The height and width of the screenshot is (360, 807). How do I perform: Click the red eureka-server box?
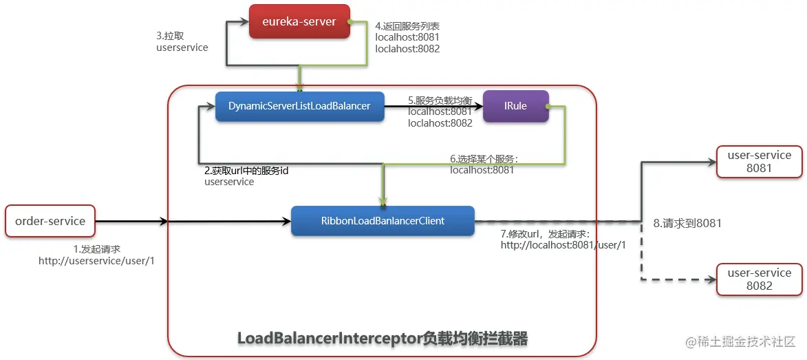pyautogui.click(x=299, y=21)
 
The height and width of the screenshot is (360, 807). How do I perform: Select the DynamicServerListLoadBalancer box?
pyautogui.click(x=299, y=107)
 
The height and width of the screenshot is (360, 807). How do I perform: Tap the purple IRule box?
pyautogui.click(x=516, y=107)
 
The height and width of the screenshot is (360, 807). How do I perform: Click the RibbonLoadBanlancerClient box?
pyautogui.click(x=383, y=221)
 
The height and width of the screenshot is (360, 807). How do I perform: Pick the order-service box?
pyautogui.click(x=50, y=222)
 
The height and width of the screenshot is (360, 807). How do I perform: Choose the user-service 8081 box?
pyautogui.click(x=759, y=162)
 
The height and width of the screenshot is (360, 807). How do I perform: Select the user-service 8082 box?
pyautogui.click(x=759, y=279)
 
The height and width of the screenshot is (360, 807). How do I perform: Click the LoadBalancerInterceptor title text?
pyautogui.click(x=383, y=339)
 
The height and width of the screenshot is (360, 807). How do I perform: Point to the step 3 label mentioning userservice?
pyautogui.click(x=182, y=42)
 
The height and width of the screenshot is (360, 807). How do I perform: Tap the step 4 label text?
pyautogui.click(x=407, y=38)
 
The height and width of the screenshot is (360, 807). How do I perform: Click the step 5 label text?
pyautogui.click(x=440, y=112)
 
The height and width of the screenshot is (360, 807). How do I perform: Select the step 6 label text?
pyautogui.click(x=484, y=165)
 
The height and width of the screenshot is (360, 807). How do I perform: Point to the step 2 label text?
pyautogui.click(x=246, y=176)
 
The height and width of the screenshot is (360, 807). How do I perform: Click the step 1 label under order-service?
pyautogui.click(x=97, y=255)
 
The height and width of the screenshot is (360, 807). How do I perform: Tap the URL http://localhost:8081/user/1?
pyautogui.click(x=563, y=245)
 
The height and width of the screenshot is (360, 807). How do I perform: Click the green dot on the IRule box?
pyautogui.click(x=548, y=107)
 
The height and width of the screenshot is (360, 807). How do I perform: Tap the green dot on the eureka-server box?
pyautogui.click(x=350, y=21)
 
